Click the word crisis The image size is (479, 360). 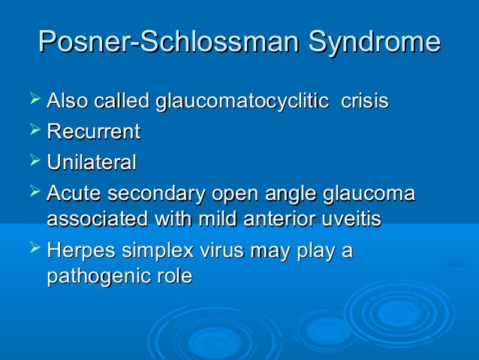365,101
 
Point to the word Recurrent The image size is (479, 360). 93,132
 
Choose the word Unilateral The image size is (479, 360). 91,162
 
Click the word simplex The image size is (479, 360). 156,251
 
